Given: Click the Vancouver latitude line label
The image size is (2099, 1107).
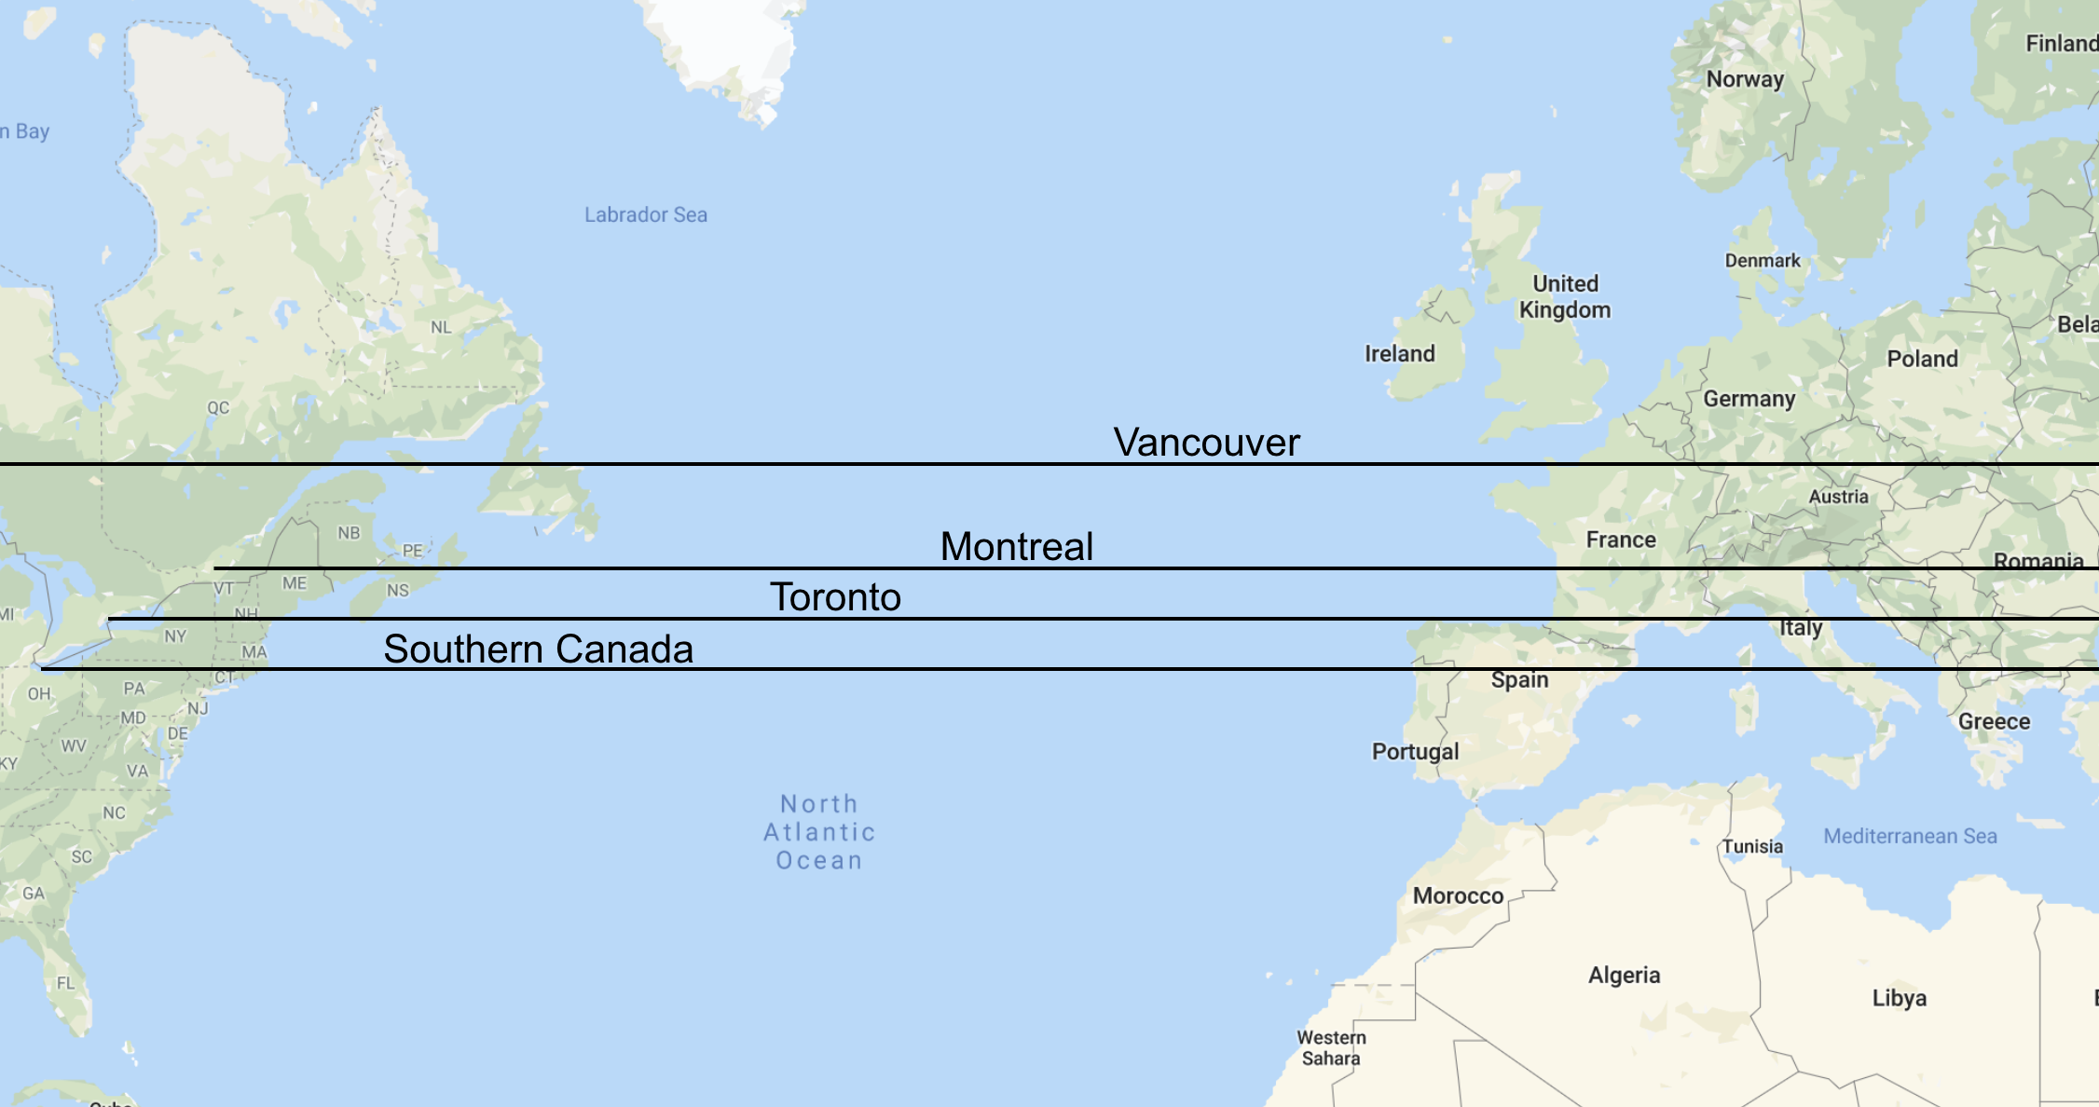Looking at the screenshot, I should [1206, 442].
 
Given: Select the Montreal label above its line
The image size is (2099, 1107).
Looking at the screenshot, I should [1016, 546].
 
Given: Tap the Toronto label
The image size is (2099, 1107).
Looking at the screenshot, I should [835, 596].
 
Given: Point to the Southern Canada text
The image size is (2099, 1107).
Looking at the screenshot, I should [538, 649].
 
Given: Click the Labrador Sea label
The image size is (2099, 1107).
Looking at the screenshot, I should [645, 214].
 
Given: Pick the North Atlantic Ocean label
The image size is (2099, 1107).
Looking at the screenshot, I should [819, 832].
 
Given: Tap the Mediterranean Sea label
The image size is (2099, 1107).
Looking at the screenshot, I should [1910, 836].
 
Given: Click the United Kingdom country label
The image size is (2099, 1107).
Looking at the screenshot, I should [1565, 296].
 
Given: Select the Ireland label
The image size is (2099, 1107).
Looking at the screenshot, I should [1399, 353].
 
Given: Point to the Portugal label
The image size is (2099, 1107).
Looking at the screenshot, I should [1415, 751].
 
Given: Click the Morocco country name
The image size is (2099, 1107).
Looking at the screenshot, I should [1458, 895].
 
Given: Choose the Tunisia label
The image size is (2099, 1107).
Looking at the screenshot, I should [1751, 846].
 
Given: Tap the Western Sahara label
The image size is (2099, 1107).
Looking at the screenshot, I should [1331, 1047].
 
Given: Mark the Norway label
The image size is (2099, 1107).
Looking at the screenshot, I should [1745, 79].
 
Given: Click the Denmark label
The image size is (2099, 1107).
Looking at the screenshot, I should [1762, 261].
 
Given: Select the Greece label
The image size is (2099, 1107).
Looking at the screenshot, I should [1994, 721].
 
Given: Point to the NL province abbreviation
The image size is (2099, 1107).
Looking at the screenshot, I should [441, 327].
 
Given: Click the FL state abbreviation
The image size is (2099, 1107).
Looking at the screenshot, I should [65, 983].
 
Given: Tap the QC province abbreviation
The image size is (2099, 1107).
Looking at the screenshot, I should [218, 407].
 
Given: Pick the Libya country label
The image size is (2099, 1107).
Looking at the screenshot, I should [1899, 998].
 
